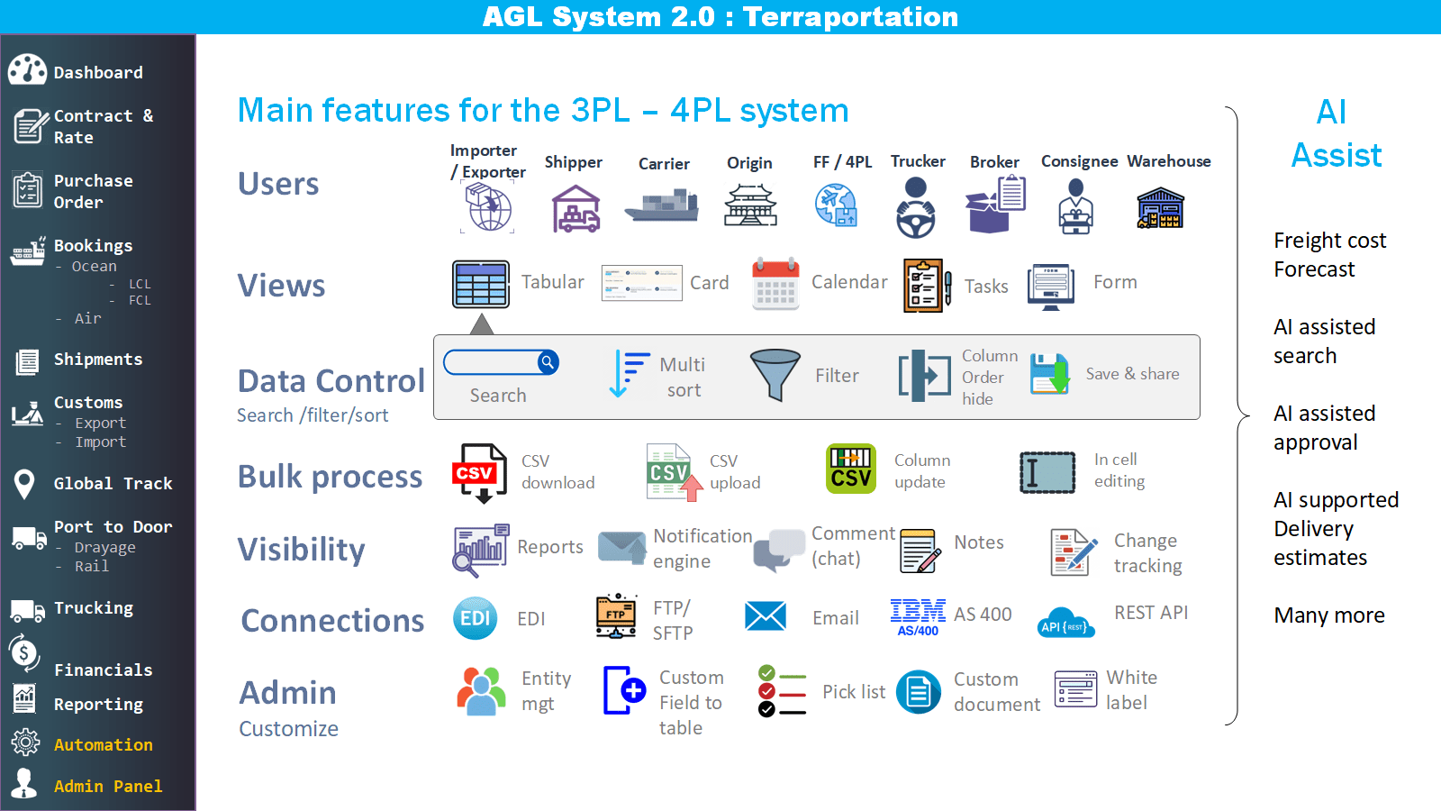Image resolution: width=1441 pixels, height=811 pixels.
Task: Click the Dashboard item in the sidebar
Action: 97,72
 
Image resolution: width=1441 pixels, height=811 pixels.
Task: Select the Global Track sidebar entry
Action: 113,484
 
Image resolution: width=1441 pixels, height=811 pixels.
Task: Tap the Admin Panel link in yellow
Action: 108,787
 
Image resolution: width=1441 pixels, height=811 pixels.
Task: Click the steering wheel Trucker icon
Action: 916,208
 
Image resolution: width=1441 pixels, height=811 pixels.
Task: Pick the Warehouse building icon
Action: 1160,208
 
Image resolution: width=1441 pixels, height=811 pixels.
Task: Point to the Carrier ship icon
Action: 663,206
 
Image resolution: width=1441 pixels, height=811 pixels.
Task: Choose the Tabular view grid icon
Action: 481,285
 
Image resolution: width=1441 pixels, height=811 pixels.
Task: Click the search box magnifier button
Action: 548,362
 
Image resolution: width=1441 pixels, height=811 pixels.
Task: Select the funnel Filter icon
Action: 775,374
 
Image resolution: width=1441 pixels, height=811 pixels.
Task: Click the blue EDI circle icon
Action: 476,618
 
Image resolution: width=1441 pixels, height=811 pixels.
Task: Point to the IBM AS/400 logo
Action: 918,617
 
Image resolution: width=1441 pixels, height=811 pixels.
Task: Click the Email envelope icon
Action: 766,617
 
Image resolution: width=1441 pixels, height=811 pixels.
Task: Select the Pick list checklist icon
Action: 781,691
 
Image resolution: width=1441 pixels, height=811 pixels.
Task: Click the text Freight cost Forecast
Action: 1329,255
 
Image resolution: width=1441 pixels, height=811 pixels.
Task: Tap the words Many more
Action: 1329,615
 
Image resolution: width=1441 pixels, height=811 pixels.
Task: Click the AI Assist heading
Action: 1336,133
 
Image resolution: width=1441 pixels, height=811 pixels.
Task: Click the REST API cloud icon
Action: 1065,623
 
